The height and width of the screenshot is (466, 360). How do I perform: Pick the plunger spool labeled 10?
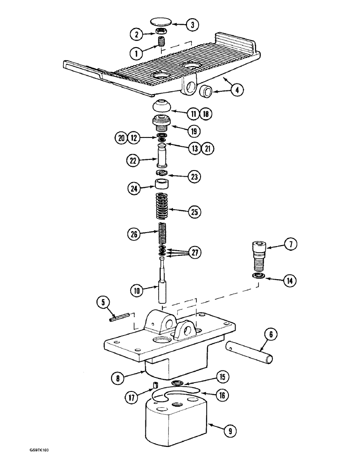[163, 289]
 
